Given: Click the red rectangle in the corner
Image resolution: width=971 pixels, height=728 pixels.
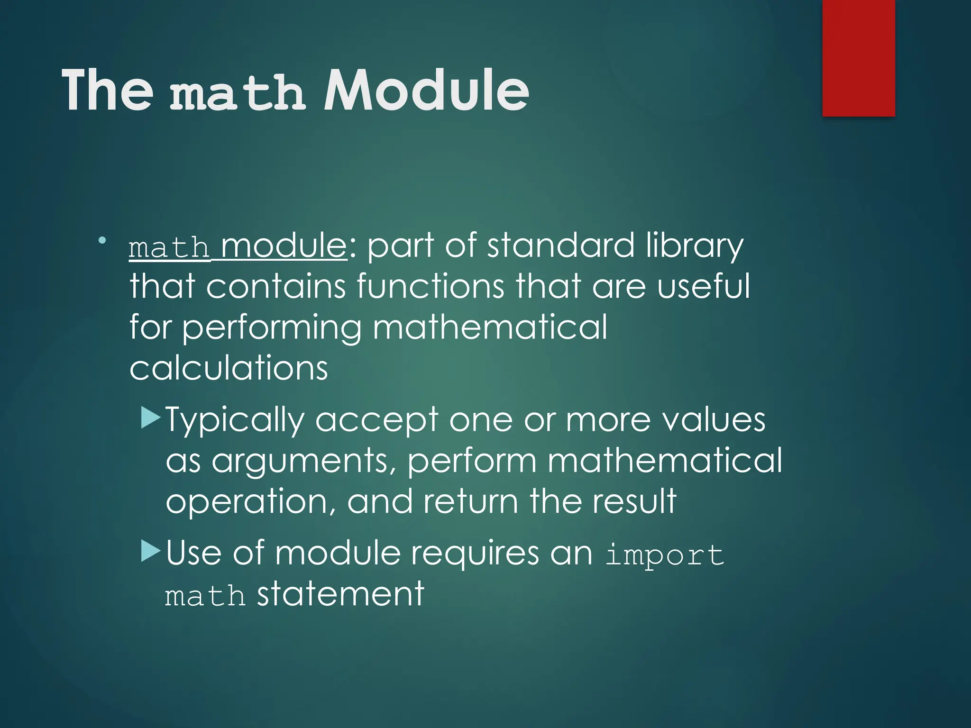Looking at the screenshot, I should point(858,58).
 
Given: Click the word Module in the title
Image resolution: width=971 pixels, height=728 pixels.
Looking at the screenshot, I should point(426,90).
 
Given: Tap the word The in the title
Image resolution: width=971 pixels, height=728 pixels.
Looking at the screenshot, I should point(108,90).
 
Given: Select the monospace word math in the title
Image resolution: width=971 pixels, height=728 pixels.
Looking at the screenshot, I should point(237,93).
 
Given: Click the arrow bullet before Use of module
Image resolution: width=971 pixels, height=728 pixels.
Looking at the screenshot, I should point(151,551).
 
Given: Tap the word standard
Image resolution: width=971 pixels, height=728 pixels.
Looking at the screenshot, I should point(561,246).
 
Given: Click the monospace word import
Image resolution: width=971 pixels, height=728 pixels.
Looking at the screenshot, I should point(665,555).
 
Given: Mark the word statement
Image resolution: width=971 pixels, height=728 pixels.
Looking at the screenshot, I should point(340,593).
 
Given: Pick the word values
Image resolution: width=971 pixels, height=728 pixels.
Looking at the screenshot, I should point(714,420).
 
